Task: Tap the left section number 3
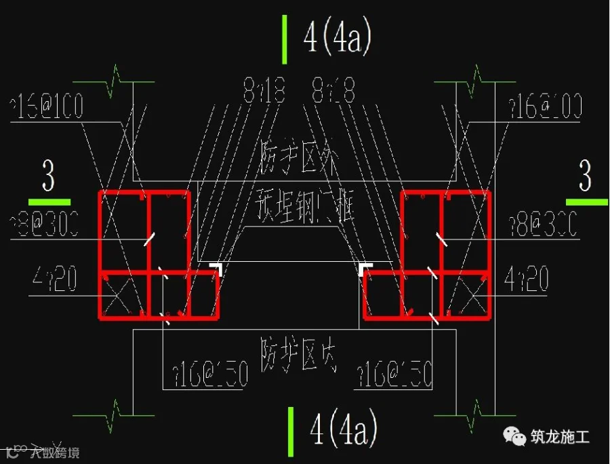pyautogui.click(x=48, y=178)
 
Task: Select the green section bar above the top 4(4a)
pyautogui.click(x=285, y=39)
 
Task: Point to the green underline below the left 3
pyautogui.click(x=49, y=201)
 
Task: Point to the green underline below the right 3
pyautogui.click(x=586, y=201)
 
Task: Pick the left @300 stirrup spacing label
pyautogui.click(x=44, y=223)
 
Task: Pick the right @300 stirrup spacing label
pyautogui.click(x=542, y=224)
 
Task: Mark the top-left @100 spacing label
pyautogui.click(x=47, y=107)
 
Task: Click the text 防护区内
pyautogui.click(x=298, y=352)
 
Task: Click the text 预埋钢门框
pyautogui.click(x=304, y=201)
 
